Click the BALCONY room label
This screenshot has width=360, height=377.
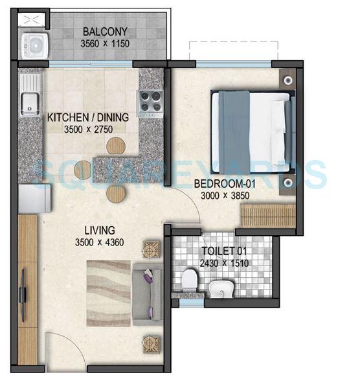104,32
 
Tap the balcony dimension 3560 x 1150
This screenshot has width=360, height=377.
104,43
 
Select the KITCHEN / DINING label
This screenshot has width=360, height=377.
88,117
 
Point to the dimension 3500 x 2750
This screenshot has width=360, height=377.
88,129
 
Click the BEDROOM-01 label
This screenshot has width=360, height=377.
221,183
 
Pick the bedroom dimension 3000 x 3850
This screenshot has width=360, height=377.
221,195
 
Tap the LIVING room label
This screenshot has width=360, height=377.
98,230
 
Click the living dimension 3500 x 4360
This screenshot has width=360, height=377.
98,243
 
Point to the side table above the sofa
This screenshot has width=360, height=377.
152,248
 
